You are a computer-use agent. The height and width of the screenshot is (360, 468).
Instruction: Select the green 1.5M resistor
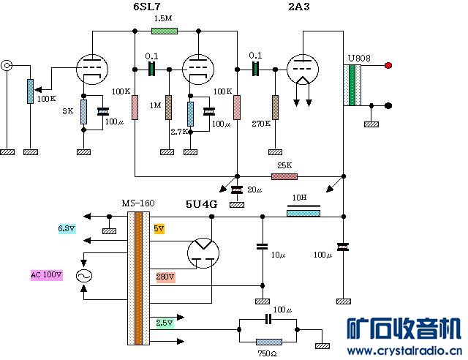pos(164,31)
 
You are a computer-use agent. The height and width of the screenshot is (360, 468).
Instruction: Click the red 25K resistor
pos(284,176)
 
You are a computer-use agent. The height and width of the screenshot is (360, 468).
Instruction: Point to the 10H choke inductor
pos(303,214)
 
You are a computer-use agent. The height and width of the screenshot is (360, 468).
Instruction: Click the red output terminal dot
pos(388,66)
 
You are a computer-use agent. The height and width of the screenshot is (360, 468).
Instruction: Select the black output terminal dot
pos(388,105)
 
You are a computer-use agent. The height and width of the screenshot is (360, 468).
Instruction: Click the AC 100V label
pos(47,275)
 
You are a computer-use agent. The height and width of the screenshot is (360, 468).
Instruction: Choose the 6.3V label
pos(66,229)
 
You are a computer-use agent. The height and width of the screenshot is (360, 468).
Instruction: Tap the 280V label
pos(165,277)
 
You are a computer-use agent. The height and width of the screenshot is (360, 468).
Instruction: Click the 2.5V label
pos(165,322)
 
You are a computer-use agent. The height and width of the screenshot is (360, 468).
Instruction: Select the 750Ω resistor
pos(268,342)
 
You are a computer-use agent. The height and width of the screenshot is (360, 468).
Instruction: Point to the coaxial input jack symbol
pos(7,66)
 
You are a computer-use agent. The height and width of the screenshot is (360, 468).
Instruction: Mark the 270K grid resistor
pos(276,108)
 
